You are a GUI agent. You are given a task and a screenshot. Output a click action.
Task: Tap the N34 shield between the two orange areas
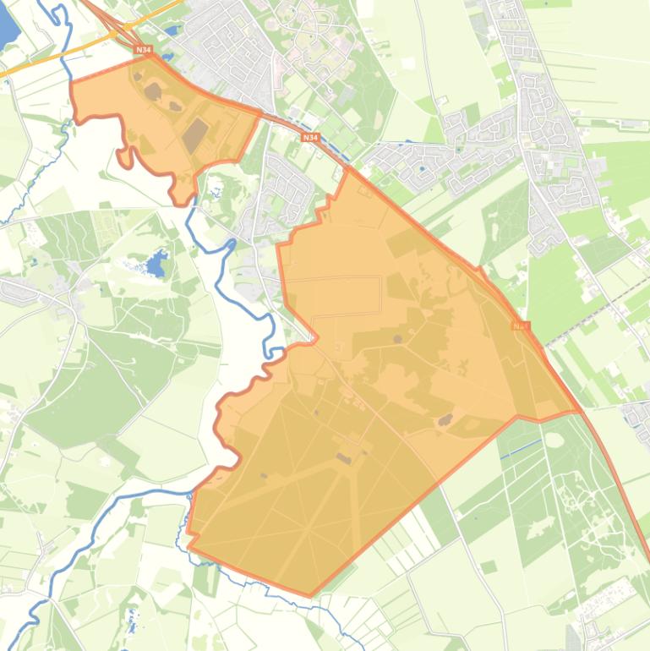(310, 136)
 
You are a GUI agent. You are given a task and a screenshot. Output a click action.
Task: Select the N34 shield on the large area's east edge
(520, 325)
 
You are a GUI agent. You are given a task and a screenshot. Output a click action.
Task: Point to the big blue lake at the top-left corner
(7, 25)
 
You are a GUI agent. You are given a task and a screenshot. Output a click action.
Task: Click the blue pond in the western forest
(156, 265)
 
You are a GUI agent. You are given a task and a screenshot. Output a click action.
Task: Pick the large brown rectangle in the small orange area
(195, 134)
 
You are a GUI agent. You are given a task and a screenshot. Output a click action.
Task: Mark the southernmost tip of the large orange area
(310, 595)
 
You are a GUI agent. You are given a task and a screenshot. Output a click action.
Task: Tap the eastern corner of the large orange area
(580, 412)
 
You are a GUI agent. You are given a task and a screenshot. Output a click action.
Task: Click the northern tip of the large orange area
(347, 168)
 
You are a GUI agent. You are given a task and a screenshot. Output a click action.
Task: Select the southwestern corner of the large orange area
(188, 545)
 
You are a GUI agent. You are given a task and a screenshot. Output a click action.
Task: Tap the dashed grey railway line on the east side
(592, 317)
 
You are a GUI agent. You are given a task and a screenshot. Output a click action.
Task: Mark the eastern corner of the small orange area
(261, 109)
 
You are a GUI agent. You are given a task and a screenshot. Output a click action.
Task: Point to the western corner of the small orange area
(71, 82)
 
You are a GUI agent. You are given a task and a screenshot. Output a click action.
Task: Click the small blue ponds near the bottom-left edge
(130, 617)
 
